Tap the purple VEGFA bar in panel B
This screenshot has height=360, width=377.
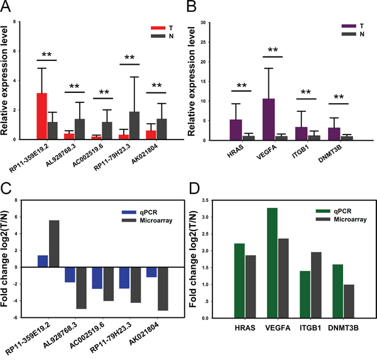(x=268, y=119)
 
